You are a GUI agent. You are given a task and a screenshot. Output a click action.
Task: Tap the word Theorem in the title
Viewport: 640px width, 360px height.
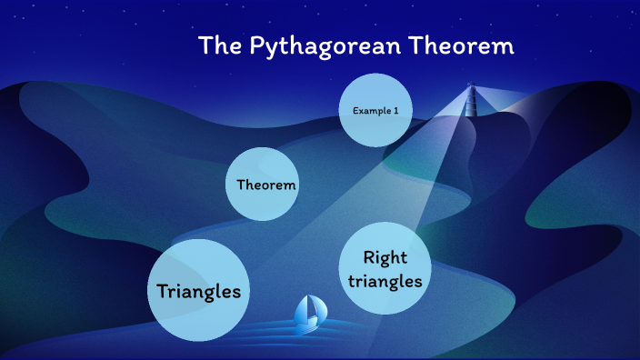pos(463,46)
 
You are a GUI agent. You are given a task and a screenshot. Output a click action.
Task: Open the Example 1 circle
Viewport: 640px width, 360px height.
pos(375,111)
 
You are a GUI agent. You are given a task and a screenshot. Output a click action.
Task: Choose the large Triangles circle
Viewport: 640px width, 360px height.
pos(199,291)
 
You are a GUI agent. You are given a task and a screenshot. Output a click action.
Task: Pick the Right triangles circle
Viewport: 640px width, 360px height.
pos(385,269)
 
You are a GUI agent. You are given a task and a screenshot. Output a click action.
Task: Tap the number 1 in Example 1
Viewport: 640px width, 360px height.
pos(396,111)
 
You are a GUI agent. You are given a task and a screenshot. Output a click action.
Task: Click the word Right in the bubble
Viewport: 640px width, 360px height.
pos(385,257)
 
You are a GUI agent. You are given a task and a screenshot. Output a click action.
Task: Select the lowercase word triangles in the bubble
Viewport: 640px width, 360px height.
pos(385,281)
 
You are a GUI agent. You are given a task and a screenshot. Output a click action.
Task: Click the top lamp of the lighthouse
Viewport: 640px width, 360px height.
pos(471,87)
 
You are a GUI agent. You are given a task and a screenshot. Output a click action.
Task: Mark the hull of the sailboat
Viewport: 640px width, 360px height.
pos(308,322)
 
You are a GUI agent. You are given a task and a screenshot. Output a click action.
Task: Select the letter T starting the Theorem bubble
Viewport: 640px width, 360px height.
pos(240,185)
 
